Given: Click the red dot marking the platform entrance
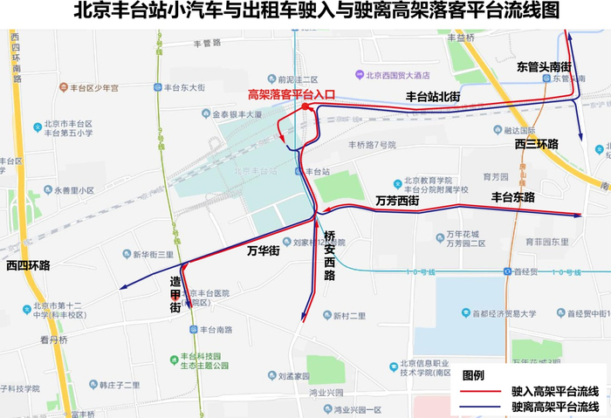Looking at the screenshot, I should [x=304, y=106].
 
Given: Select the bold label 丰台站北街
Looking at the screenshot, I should [x=432, y=96].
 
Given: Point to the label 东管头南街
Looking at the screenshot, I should [x=543, y=66].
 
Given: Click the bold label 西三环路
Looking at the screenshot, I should [x=536, y=144].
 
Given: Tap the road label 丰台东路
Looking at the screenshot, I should [x=513, y=197].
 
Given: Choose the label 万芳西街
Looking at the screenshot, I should [x=397, y=201].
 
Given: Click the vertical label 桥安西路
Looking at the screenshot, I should [x=329, y=256].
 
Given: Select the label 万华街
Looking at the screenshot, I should [x=262, y=251].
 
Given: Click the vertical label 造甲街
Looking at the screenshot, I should [x=175, y=295].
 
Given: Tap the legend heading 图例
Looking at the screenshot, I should [x=473, y=374].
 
